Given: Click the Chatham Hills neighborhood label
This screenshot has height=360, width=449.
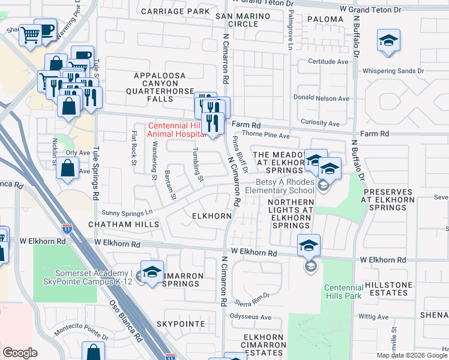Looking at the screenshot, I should pos(124,224).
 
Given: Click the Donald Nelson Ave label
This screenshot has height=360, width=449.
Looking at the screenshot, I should pos(321,98).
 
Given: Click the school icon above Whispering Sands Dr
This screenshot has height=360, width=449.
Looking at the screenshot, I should pos(388,41).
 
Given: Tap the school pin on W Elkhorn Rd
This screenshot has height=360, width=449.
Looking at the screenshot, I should pos(309,245).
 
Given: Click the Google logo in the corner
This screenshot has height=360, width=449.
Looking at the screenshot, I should pos(20,353).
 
